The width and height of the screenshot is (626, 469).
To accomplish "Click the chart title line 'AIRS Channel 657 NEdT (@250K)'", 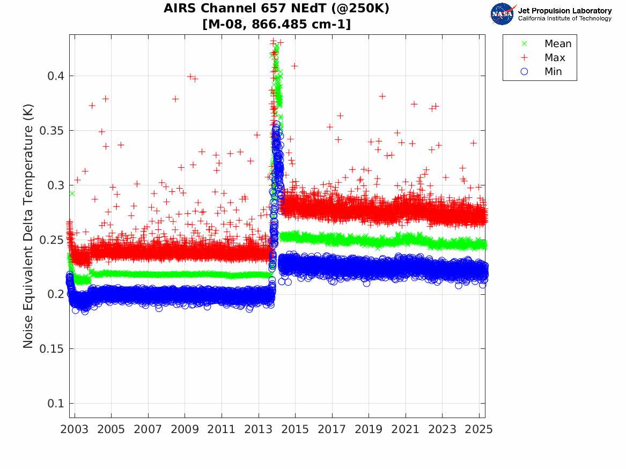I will click(276, 9).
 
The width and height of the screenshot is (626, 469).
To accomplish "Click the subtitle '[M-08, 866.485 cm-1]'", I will click(276, 24).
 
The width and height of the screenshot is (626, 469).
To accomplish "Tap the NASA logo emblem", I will click(502, 14).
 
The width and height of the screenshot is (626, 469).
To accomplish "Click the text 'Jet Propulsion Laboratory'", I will click(564, 11).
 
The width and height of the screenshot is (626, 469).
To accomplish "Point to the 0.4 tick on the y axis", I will click(54, 76).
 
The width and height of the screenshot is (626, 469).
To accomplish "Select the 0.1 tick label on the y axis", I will click(54, 404).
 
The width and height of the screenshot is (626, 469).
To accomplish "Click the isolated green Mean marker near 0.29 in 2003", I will click(72, 193).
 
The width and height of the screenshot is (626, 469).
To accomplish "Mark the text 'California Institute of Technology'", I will click(564, 19).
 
